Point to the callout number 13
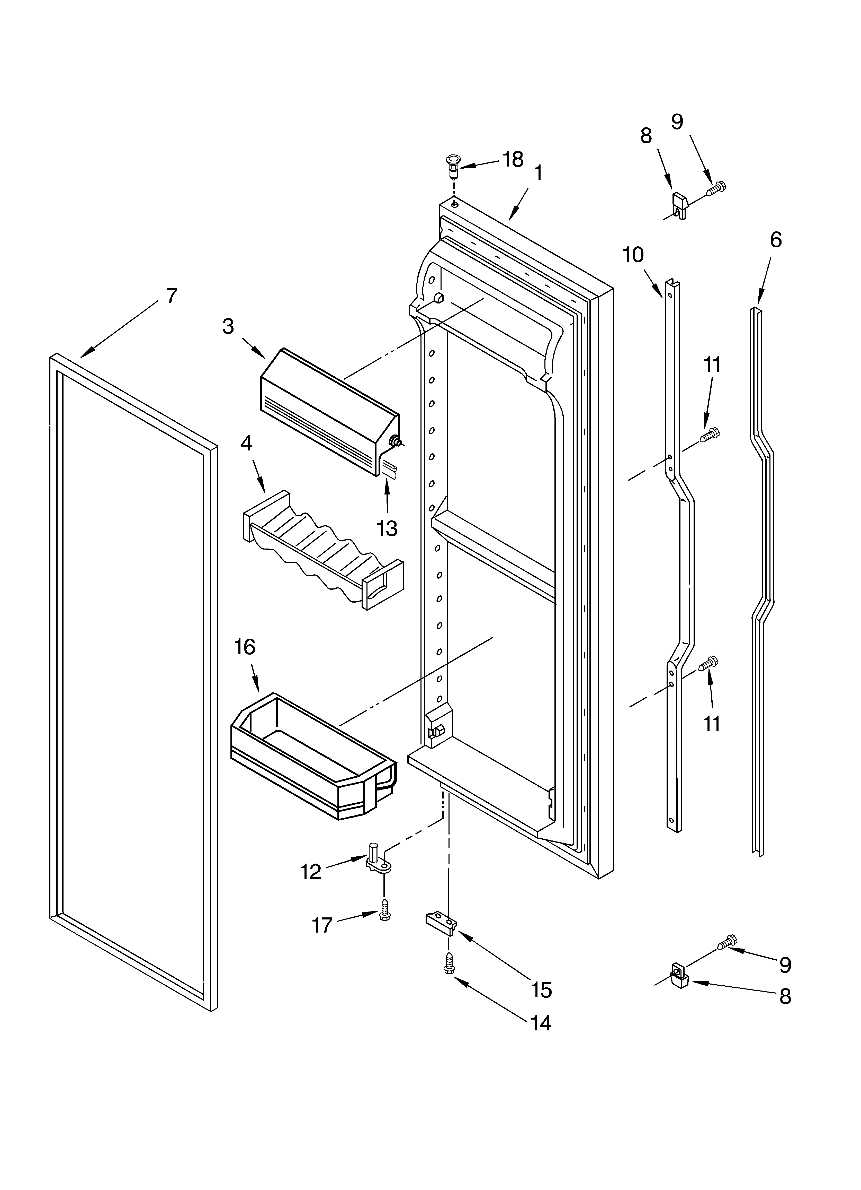pos(387,528)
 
